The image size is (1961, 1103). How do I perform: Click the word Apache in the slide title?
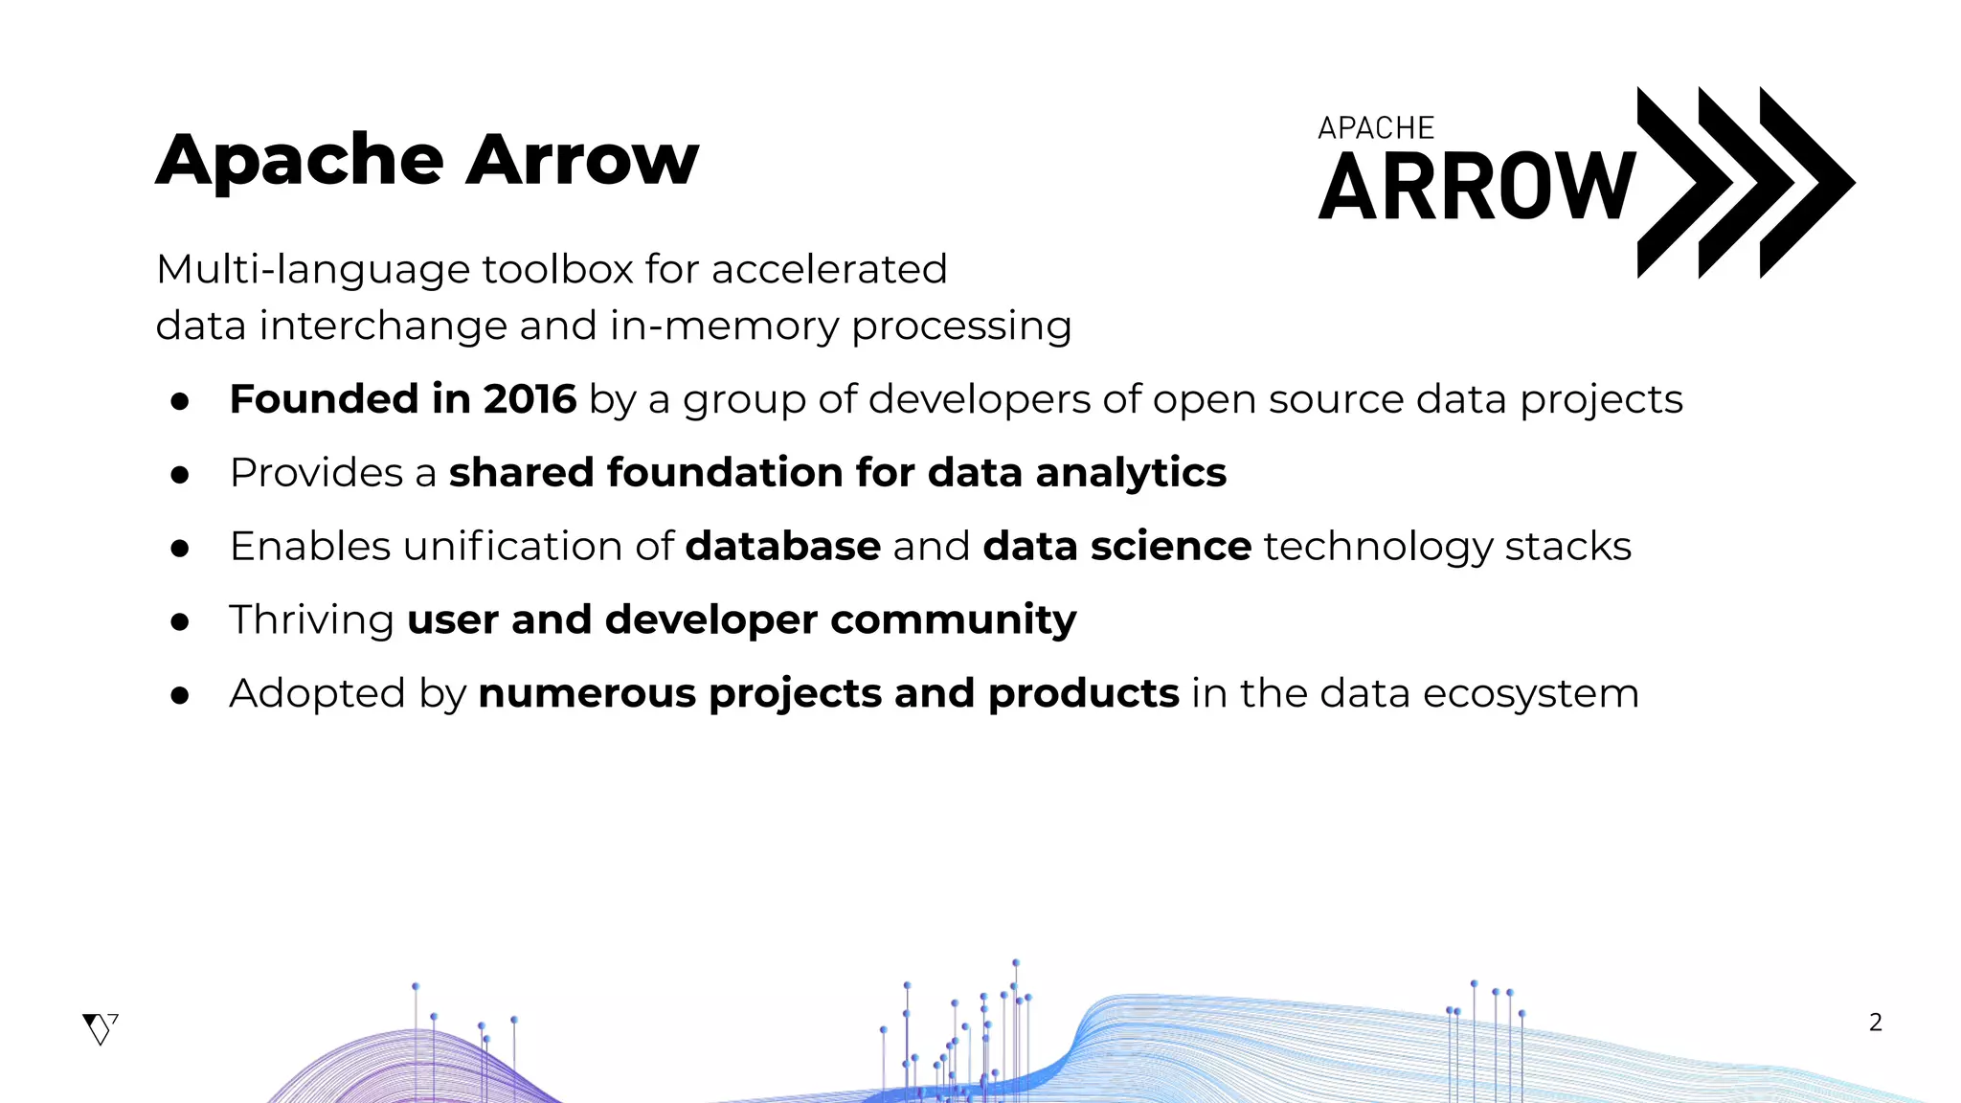[x=300, y=160]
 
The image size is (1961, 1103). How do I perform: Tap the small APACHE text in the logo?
[x=1376, y=128]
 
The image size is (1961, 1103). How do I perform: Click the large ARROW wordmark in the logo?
[x=1476, y=188]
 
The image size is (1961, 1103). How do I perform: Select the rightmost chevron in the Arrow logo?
[x=1805, y=182]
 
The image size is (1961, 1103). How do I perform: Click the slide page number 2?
[x=1875, y=1023]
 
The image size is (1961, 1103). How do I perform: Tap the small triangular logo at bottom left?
[x=100, y=1028]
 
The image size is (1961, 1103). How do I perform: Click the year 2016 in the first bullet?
[x=530, y=399]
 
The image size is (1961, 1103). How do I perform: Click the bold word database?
[x=782, y=547]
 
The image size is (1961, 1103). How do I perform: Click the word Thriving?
[x=311, y=620]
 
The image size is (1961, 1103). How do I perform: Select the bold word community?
[x=953, y=620]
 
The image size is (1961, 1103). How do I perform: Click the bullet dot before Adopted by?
[x=180, y=695]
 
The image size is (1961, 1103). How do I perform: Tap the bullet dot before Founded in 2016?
[x=180, y=401]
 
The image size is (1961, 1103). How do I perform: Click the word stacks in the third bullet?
[x=1567, y=547]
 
